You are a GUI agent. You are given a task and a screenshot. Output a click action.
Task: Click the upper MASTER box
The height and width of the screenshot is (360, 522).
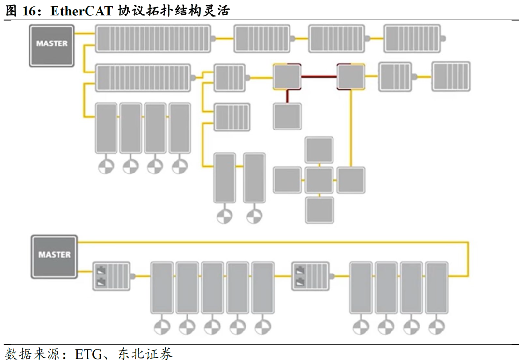click(x=52, y=45)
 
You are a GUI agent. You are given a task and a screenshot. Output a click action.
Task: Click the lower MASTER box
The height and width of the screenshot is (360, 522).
click(x=54, y=257)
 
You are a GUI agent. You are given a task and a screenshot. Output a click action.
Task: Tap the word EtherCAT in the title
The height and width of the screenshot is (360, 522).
click(x=82, y=11)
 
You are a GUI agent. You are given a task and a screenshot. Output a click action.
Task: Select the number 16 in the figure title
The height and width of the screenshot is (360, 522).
click(x=29, y=11)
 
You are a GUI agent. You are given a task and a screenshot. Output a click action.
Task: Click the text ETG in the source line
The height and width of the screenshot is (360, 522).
click(x=88, y=353)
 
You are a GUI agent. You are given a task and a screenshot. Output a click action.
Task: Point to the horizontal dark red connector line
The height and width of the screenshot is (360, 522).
click(x=319, y=77)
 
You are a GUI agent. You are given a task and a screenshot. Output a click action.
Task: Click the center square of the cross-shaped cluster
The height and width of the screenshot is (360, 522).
click(x=319, y=180)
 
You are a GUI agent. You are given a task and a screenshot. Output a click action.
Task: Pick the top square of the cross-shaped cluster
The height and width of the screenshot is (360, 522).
click(x=319, y=150)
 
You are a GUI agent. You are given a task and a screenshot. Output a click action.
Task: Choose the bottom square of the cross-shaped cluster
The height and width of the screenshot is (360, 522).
click(x=319, y=210)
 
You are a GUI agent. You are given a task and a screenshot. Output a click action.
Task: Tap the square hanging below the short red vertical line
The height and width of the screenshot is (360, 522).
click(x=287, y=116)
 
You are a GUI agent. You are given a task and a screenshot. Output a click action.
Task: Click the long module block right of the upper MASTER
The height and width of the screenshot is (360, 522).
click(x=153, y=39)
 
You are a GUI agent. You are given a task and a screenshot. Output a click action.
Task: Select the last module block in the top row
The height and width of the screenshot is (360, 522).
click(x=412, y=39)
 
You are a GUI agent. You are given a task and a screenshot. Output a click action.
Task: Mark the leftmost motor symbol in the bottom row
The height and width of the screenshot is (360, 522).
click(x=162, y=327)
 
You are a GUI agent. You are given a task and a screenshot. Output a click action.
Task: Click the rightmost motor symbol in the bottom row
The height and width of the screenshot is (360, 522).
click(x=436, y=327)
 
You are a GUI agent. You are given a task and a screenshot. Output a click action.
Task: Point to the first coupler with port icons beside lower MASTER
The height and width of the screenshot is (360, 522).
click(x=111, y=276)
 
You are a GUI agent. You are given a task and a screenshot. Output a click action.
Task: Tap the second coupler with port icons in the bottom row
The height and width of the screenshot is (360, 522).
click(x=311, y=276)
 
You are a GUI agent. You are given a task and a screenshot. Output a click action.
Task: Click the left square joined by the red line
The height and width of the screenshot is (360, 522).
click(x=287, y=77)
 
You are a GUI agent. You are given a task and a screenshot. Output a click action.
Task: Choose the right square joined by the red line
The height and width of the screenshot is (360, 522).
click(x=351, y=77)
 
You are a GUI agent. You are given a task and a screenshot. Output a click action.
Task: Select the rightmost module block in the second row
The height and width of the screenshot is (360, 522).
click(x=451, y=76)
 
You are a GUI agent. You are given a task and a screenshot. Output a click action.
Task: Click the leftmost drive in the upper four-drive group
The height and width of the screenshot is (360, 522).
click(x=106, y=128)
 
